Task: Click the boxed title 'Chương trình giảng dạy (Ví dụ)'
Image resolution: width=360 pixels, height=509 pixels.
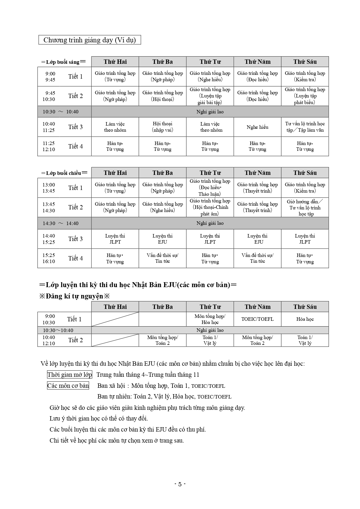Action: [x=90, y=40]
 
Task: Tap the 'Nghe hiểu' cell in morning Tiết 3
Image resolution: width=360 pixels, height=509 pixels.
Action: [x=257, y=127]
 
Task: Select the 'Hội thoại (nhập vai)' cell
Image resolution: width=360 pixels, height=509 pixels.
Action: [x=162, y=127]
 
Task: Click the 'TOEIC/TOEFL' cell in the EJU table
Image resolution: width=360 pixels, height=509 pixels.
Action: [x=257, y=319]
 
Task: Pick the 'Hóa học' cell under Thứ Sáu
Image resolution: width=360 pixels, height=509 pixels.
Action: [x=305, y=319]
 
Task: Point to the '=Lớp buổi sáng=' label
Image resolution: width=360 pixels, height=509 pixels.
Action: [x=63, y=62]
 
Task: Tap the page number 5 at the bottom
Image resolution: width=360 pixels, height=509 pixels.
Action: [x=180, y=484]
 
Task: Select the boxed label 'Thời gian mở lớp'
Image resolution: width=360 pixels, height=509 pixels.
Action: [x=70, y=375]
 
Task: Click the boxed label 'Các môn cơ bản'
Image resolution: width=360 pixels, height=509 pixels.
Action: [x=68, y=386]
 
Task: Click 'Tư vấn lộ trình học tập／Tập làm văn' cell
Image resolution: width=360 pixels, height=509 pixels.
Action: [x=305, y=127]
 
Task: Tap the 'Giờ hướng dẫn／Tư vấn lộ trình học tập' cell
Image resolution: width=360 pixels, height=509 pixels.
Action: [x=305, y=208]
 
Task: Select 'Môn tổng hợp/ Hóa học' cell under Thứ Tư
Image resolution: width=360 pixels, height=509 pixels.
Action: [x=210, y=319]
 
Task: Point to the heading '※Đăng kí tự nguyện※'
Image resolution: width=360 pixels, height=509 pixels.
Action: [x=75, y=296]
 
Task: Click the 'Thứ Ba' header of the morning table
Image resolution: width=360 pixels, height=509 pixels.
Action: [x=162, y=62]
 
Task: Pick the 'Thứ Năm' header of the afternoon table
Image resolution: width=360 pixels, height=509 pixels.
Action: [x=257, y=173]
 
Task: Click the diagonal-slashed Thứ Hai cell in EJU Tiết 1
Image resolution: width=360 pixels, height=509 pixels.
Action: [x=115, y=319]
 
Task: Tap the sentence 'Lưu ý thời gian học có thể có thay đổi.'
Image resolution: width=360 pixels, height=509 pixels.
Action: [x=99, y=419]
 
